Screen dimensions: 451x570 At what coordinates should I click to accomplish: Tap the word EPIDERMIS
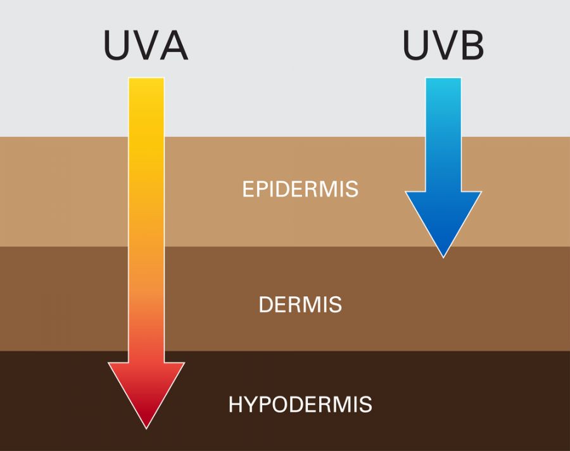click(x=300, y=189)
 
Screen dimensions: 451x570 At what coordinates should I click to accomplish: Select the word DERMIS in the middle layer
click(x=300, y=304)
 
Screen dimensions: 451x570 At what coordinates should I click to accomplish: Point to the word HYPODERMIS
click(x=300, y=405)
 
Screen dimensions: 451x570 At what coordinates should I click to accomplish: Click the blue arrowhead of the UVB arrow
click(x=443, y=219)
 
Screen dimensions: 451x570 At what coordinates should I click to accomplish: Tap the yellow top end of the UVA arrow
click(x=146, y=89)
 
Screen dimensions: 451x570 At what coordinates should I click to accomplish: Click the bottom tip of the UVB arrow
click(x=443, y=256)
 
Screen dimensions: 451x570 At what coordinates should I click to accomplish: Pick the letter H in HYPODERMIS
click(x=236, y=405)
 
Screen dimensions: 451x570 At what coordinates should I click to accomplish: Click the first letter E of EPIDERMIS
click(x=248, y=189)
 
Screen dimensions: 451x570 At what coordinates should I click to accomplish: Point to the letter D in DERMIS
click(x=266, y=304)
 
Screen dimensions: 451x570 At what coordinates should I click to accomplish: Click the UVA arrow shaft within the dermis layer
click(x=146, y=298)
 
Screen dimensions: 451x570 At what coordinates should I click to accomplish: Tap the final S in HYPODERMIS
click(x=365, y=405)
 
